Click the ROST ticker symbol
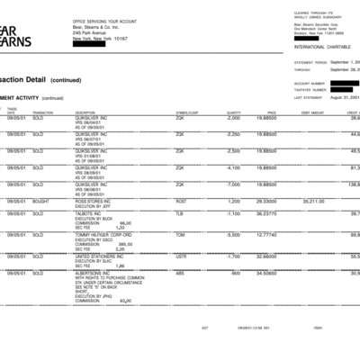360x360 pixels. point(181,202)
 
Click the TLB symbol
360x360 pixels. point(179,213)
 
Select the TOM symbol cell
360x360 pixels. point(180,234)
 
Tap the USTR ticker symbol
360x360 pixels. point(181,256)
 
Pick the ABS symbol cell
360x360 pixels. point(179,272)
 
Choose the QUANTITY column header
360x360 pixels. point(235,112)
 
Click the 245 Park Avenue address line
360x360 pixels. point(95,32)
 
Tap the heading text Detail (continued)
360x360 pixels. point(53,80)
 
